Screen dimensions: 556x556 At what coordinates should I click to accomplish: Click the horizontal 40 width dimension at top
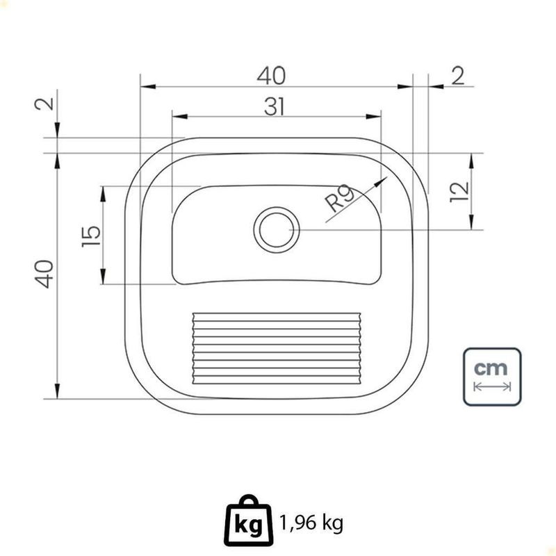pyautogui.click(x=271, y=76)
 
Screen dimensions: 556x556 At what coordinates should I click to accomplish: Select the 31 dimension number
pyautogui.click(x=274, y=107)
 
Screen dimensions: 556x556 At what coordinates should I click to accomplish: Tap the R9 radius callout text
pyautogui.click(x=340, y=198)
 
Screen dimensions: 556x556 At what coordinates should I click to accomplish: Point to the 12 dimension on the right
pyautogui.click(x=459, y=192)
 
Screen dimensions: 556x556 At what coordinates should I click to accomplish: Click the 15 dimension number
pyautogui.click(x=91, y=236)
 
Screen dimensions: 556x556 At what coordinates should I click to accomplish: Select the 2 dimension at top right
pyautogui.click(x=458, y=76)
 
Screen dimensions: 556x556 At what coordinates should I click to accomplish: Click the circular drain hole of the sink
pyautogui.click(x=277, y=230)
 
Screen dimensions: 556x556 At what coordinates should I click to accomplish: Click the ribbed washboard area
pyautogui.click(x=277, y=348)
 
